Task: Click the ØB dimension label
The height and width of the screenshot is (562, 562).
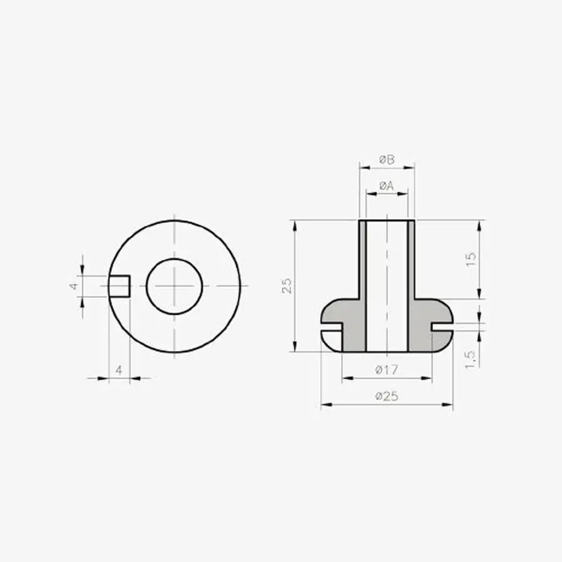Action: point(387,159)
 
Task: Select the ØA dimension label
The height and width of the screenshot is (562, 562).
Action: point(387,185)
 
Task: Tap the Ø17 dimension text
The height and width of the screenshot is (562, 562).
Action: point(387,370)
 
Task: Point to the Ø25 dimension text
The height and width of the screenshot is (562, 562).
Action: point(387,396)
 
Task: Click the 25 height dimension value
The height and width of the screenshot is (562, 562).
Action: point(287,285)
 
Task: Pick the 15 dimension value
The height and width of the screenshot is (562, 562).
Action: point(471,259)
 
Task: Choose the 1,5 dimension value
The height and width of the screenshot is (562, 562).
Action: point(470,359)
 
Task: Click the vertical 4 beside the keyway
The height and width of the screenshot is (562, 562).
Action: point(74,286)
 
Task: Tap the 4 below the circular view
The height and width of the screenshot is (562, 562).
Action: point(119,370)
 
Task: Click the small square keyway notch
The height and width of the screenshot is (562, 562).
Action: point(119,287)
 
